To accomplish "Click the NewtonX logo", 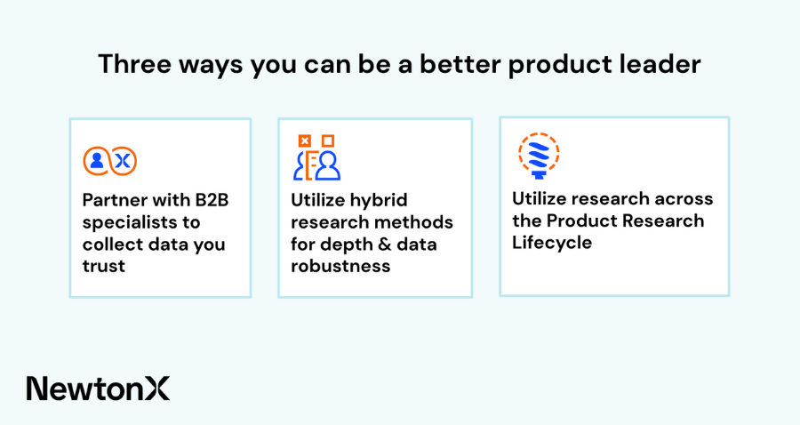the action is coord(98,389).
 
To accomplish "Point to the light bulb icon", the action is coord(539,155).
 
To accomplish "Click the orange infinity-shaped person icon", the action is coord(110,161).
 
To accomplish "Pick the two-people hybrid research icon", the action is coord(316,157).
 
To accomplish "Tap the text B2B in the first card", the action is coord(212,199).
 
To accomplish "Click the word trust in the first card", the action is coord(104,266).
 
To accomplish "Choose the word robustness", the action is coord(340,266).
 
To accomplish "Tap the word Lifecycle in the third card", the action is coord(552,243).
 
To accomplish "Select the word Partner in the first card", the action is coord(115,199).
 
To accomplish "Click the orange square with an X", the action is coord(305,140).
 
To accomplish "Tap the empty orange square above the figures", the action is coord(328,140).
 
